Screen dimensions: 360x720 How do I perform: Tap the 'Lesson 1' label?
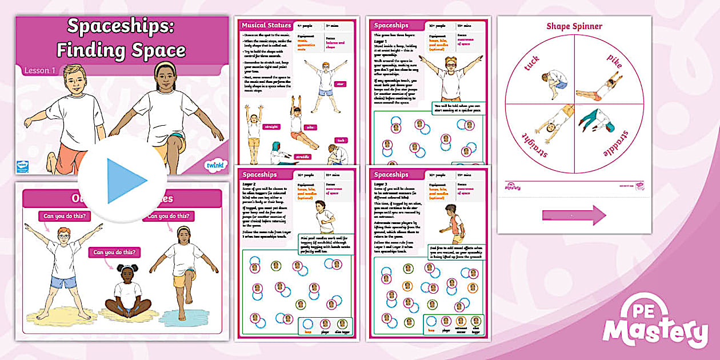click(x=39, y=71)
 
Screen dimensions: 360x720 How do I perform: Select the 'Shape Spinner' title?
click(x=574, y=26)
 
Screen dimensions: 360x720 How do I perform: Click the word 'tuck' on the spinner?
click(x=531, y=64)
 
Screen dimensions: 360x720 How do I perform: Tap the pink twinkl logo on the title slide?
click(x=215, y=166)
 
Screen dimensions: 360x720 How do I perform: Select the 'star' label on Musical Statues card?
click(x=341, y=84)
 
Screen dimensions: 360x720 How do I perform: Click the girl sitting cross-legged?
click(x=127, y=291)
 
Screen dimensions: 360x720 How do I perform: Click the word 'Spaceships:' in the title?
click(x=121, y=26)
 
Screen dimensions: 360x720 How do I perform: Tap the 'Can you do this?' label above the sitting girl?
click(x=114, y=252)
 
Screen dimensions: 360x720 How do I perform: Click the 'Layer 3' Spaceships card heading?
click(x=391, y=174)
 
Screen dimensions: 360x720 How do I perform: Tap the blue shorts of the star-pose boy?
click(x=63, y=282)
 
